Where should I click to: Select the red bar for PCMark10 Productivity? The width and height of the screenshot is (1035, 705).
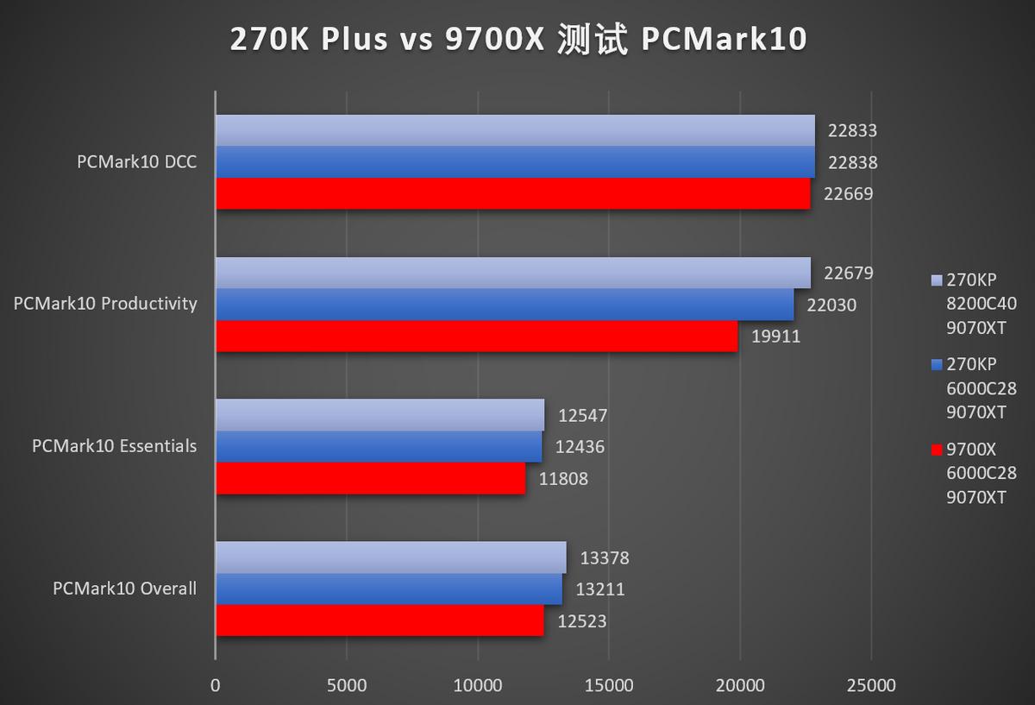coord(477,337)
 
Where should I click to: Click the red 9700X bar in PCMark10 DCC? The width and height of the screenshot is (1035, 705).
coord(513,194)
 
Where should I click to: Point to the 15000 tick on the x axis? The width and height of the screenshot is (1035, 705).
coord(609,685)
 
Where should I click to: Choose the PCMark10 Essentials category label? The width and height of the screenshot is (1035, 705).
coord(114,446)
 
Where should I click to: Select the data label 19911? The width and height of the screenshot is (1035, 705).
coord(775,337)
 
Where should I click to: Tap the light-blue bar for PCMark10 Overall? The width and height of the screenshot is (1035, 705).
coord(391,557)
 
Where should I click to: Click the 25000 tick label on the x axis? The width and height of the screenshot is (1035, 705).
coord(871,685)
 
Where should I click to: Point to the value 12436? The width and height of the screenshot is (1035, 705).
coord(580,447)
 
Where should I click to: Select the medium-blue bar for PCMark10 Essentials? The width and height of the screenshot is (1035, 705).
coord(379,447)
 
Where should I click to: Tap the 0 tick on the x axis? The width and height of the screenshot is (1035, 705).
coord(216,685)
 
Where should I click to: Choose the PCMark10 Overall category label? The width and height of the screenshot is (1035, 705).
coord(124,589)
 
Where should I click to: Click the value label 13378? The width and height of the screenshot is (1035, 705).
coord(604,558)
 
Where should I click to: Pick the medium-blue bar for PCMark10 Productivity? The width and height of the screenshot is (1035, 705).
coord(505,305)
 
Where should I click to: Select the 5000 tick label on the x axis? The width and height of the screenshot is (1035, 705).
coord(346,685)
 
